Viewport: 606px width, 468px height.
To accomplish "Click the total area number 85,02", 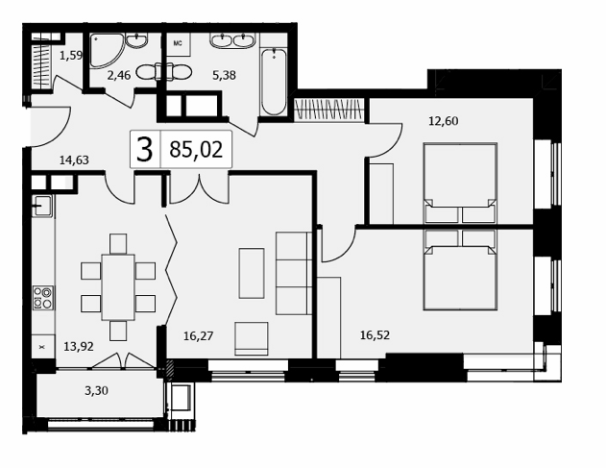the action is pyautogui.click(x=196, y=149).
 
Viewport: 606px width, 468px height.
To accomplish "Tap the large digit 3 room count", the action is pyautogui.click(x=145, y=150).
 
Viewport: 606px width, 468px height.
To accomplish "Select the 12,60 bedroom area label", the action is pyautogui.click(x=444, y=121).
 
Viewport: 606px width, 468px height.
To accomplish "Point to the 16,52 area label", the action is pyautogui.click(x=375, y=335).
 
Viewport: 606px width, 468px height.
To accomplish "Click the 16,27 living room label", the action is pyautogui.click(x=198, y=335).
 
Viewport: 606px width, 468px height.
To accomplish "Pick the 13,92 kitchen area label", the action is pyautogui.click(x=79, y=346).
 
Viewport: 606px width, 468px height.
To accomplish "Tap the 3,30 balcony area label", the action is pyautogui.click(x=96, y=391).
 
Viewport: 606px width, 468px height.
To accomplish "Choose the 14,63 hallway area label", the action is pyautogui.click(x=74, y=160).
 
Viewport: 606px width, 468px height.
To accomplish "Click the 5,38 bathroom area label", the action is pyautogui.click(x=224, y=75).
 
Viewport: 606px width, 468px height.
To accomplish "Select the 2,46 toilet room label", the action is pyautogui.click(x=119, y=75).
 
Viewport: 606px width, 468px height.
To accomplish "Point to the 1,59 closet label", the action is pyautogui.click(x=71, y=56).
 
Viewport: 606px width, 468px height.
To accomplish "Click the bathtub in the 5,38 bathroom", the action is pyautogui.click(x=274, y=82).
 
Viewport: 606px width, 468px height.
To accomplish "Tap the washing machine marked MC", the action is pyautogui.click(x=179, y=44).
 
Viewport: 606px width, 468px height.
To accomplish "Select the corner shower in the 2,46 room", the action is pyautogui.click(x=106, y=50).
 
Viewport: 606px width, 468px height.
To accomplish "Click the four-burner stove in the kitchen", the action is pyautogui.click(x=43, y=298).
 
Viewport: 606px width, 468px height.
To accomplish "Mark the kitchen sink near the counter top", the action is pyautogui.click(x=42, y=206).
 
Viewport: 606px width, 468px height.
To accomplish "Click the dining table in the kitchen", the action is pyautogui.click(x=118, y=287).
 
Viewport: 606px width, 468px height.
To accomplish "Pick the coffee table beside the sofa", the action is pyautogui.click(x=252, y=273).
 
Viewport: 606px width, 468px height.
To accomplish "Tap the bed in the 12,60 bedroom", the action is pyautogui.click(x=460, y=184).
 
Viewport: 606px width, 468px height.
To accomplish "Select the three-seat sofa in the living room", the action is pyautogui.click(x=294, y=273).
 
